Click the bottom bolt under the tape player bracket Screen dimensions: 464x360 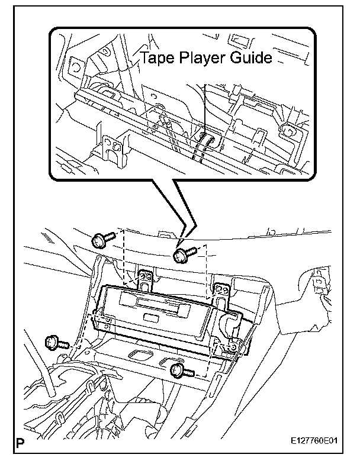click(x=179, y=370)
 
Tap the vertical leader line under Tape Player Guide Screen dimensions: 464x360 click(x=202, y=107)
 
